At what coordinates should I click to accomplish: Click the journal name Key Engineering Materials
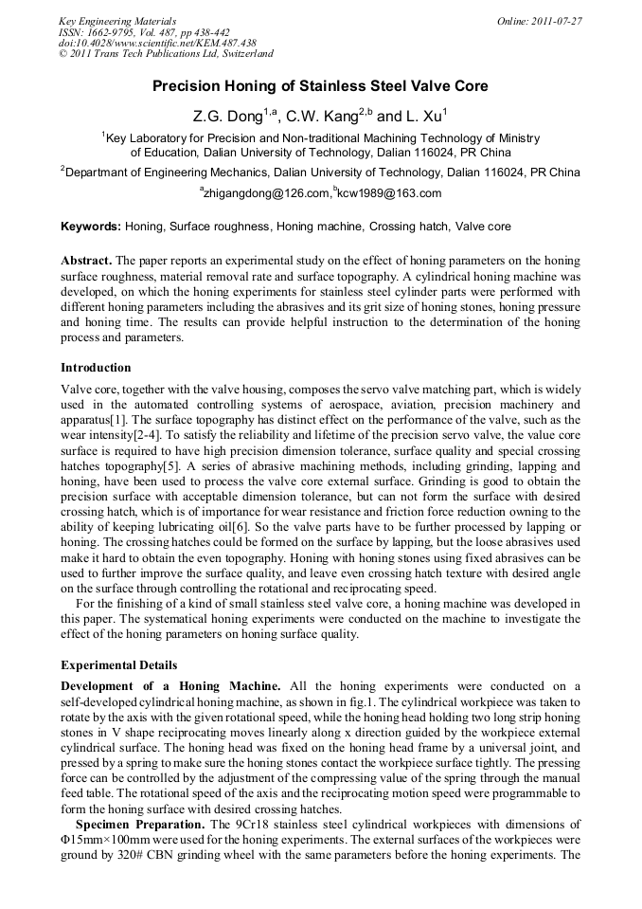117,21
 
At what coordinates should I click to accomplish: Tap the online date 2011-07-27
558,21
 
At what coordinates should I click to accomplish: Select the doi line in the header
157,43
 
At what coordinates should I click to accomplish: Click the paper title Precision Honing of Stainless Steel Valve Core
320,86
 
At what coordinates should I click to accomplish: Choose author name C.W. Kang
328,118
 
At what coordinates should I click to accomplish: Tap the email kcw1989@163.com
389,193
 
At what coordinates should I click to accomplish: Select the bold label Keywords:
91,227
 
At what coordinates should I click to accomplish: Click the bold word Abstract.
86,261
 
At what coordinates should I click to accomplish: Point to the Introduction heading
96,368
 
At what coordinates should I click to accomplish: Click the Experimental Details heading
118,665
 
